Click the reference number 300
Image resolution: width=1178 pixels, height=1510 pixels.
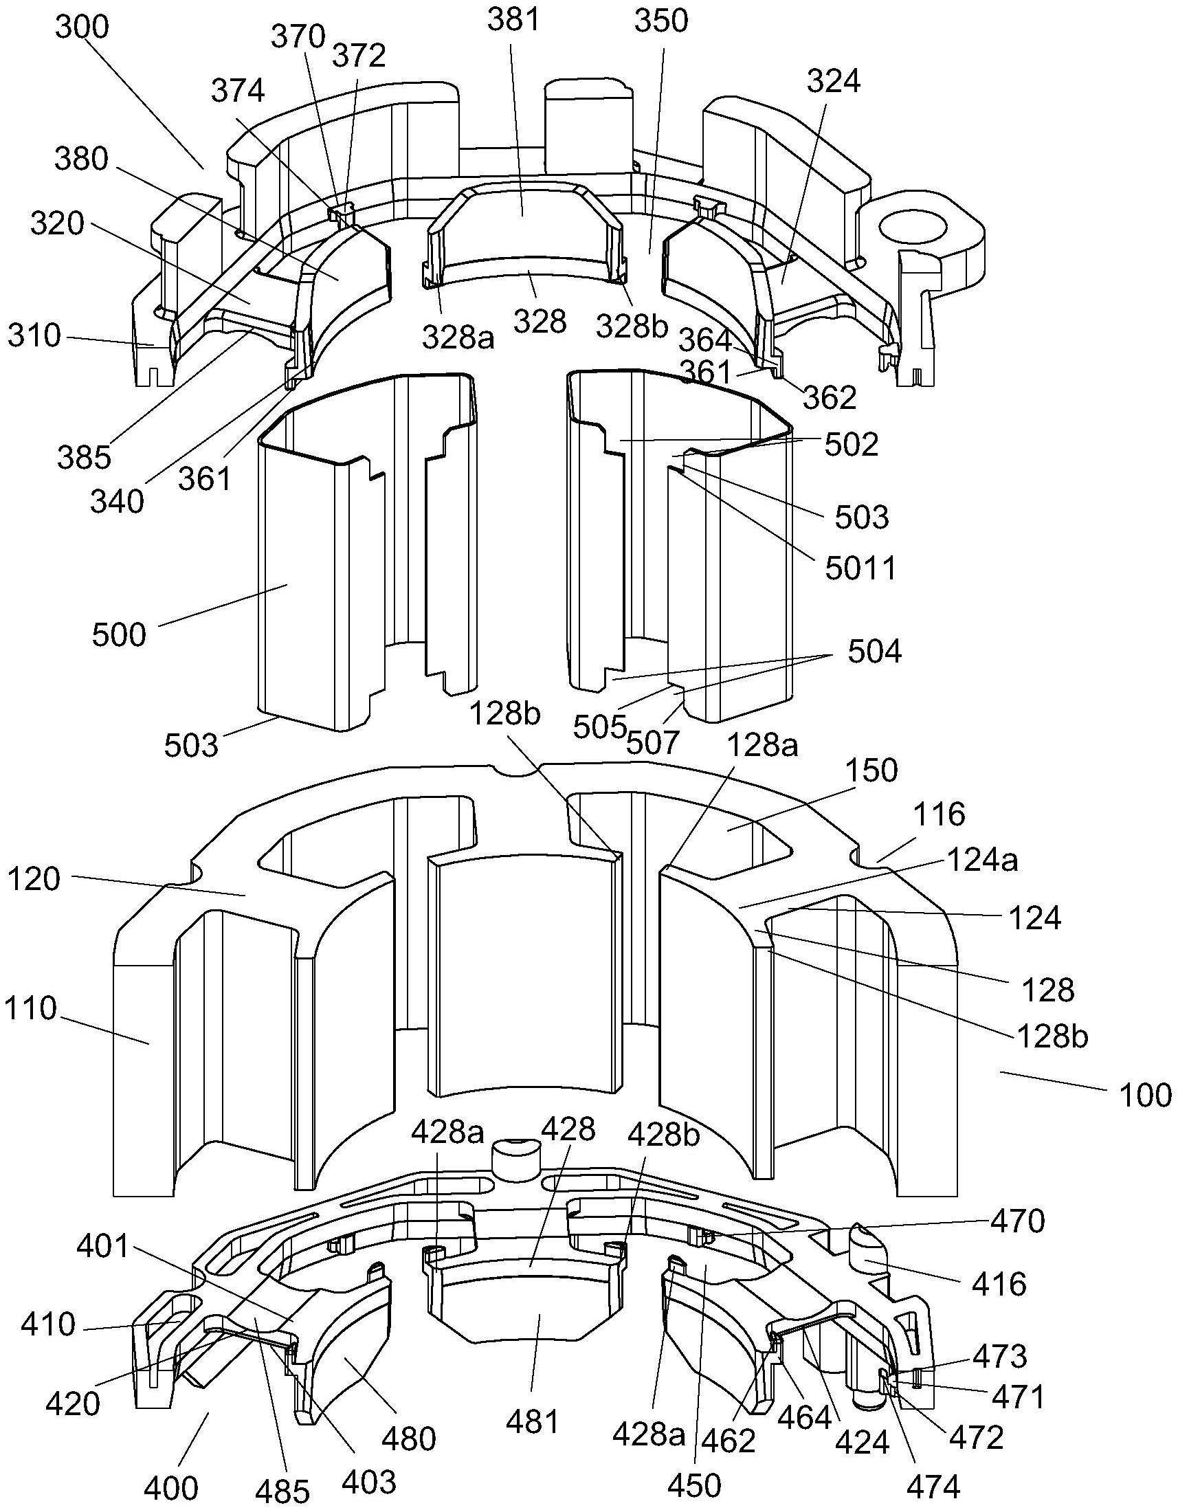pos(82,28)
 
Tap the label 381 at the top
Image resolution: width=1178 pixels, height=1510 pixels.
pos(513,21)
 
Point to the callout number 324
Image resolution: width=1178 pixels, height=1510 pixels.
pos(833,81)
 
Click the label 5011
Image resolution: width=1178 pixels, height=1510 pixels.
pos(860,568)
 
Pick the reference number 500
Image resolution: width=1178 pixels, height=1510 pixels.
pos(119,634)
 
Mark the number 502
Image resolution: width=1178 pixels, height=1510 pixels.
pos(851,445)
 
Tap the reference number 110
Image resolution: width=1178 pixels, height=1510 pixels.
pos(30,1009)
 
